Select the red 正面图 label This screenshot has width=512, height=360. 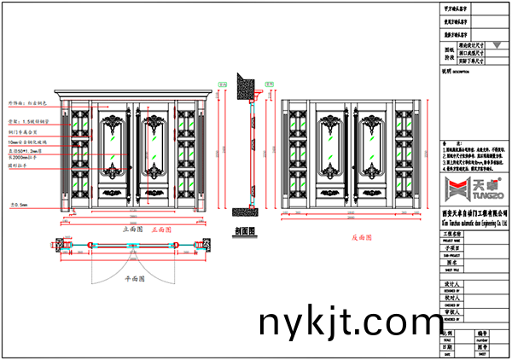click(x=160, y=229)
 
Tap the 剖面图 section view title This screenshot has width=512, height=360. click(x=245, y=229)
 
